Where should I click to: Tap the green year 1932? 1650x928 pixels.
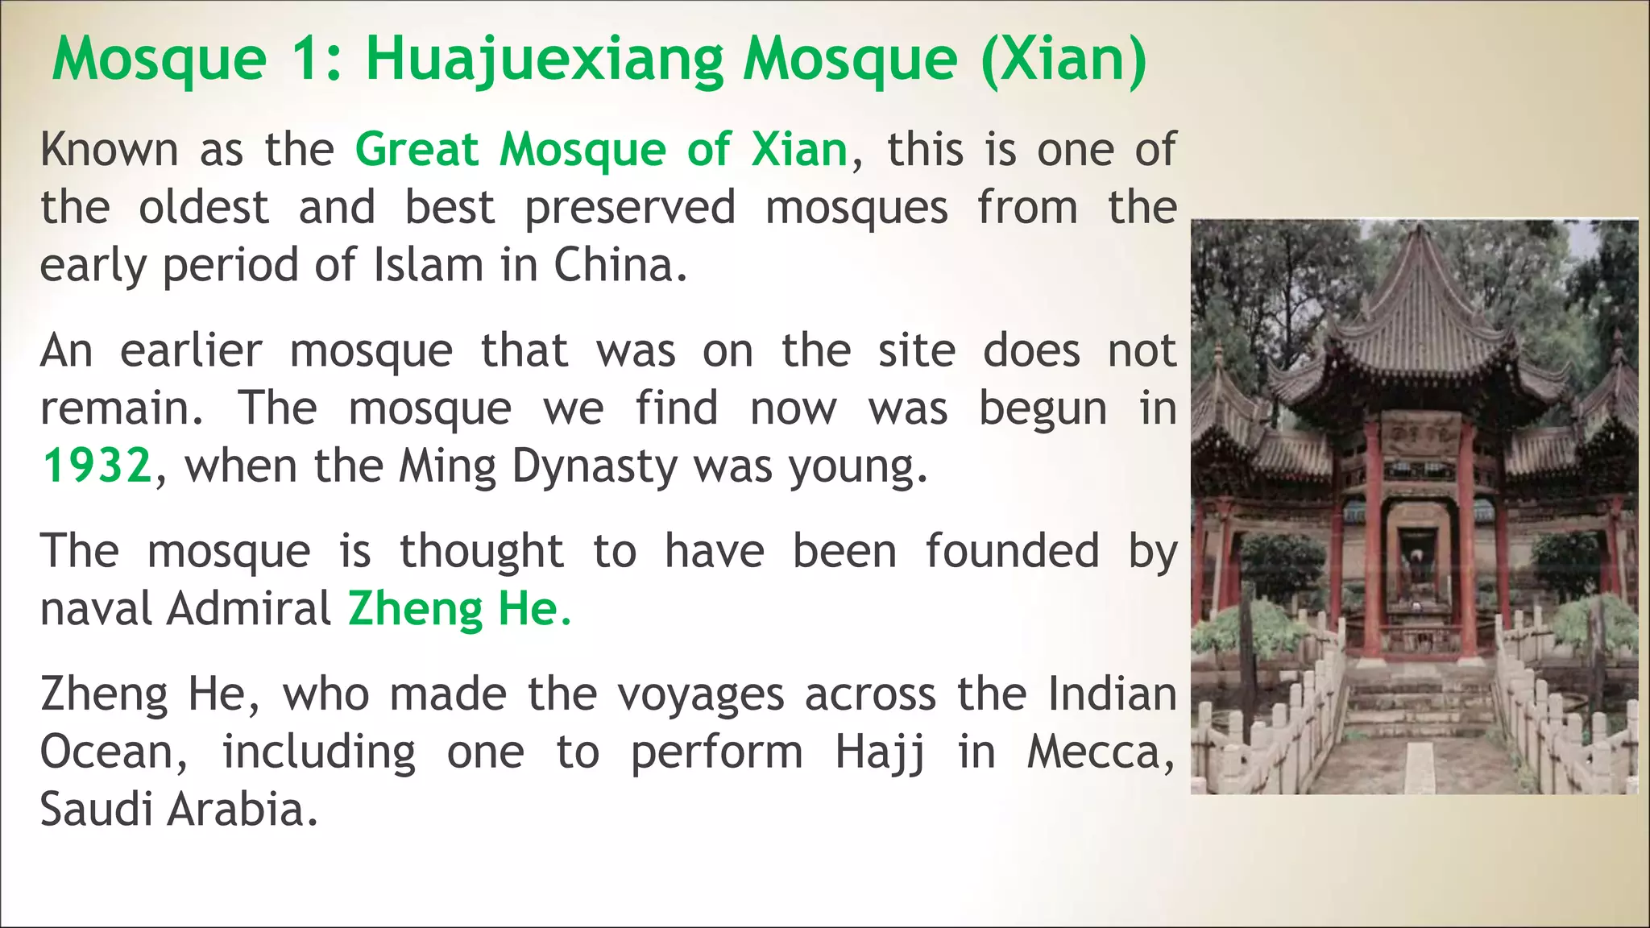point(97,466)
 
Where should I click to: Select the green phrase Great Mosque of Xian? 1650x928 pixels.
point(602,150)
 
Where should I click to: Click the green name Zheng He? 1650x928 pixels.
point(459,609)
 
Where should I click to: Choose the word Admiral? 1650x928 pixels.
point(249,609)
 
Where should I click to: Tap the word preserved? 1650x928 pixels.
point(630,208)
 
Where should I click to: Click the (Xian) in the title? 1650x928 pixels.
point(1063,60)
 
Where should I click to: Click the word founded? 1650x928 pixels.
point(1012,552)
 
